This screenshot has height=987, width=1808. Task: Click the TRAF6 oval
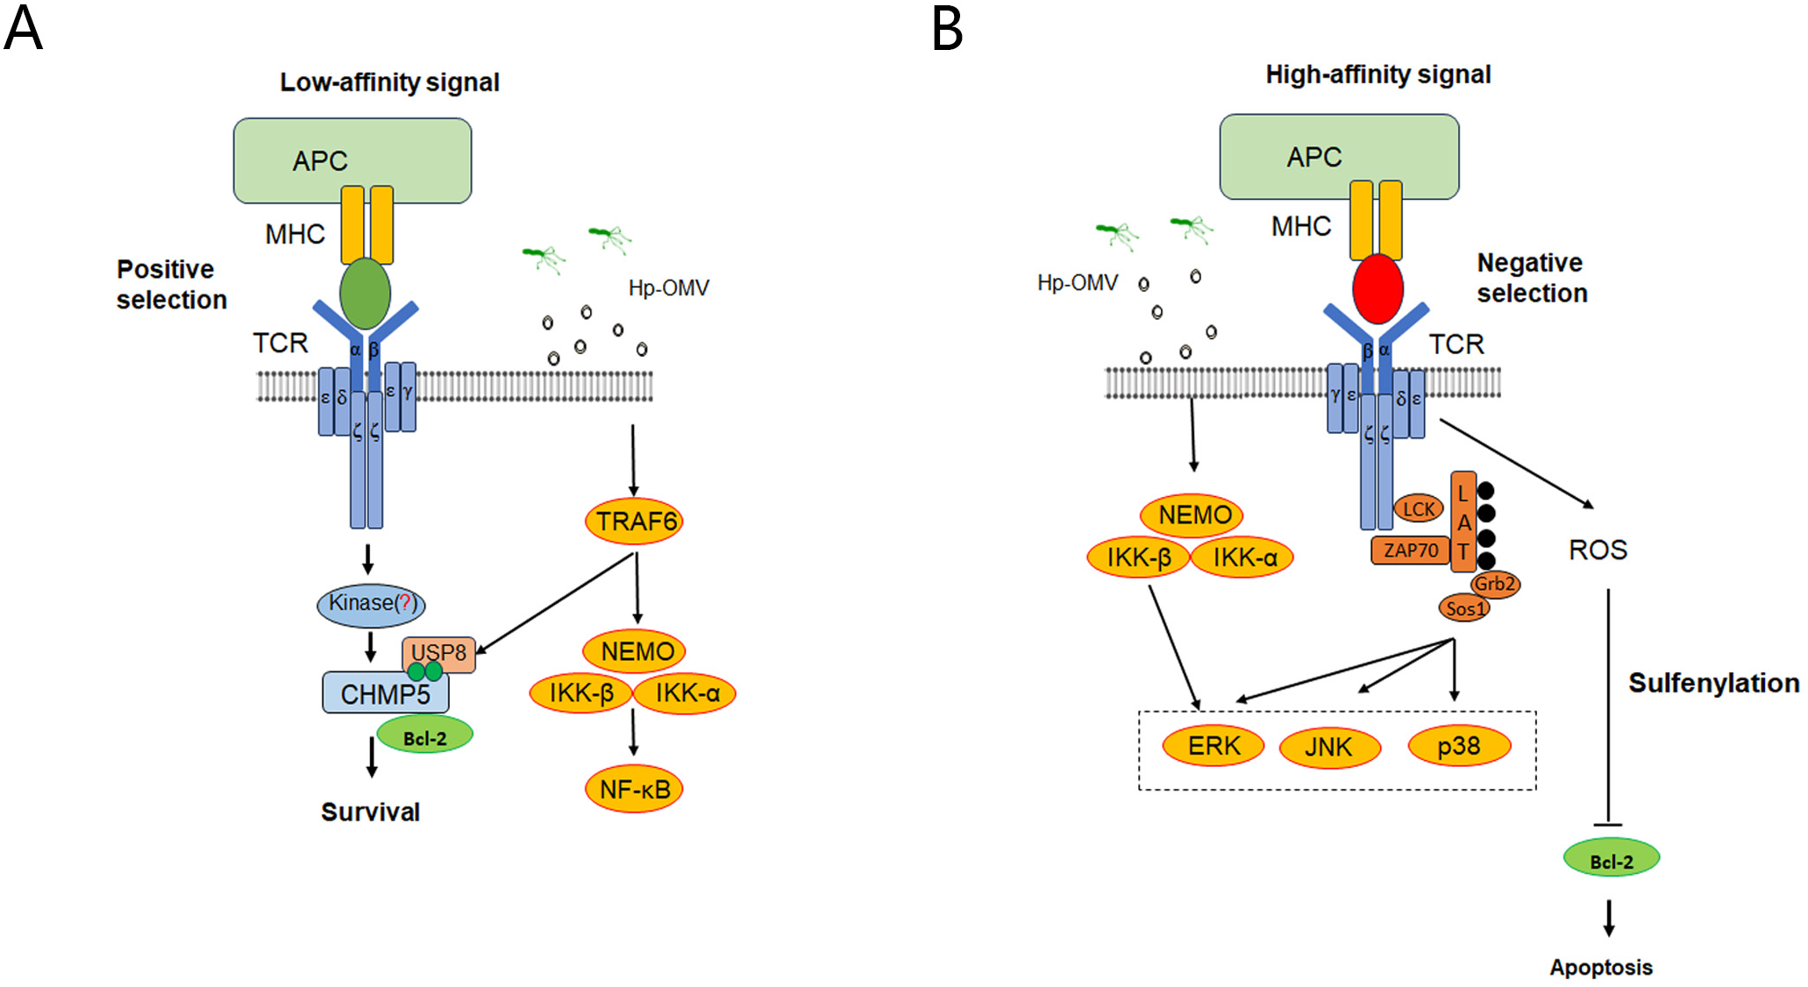tap(634, 521)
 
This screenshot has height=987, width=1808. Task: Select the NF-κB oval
tap(634, 789)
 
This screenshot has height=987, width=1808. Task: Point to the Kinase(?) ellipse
tap(370, 604)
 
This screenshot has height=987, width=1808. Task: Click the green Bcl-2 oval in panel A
tap(425, 736)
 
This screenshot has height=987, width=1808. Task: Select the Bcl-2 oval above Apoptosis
tap(1611, 860)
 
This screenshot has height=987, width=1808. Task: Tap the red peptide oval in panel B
tap(1377, 288)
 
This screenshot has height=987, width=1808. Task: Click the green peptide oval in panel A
tap(366, 294)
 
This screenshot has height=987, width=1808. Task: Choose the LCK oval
tap(1418, 508)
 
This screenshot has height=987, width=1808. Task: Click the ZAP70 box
tap(1410, 550)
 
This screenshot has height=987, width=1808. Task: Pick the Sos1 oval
tap(1464, 607)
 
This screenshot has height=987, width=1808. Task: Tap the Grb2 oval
tap(1495, 584)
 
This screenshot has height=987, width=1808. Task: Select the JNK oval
tap(1329, 747)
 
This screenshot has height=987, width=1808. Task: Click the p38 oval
tap(1459, 746)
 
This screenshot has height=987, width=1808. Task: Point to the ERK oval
tap(1214, 746)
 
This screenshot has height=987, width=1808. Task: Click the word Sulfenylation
tap(1713, 683)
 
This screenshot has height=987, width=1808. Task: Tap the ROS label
tap(1598, 550)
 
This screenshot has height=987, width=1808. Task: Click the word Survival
tap(370, 812)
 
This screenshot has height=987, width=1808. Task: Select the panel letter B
tap(948, 29)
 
